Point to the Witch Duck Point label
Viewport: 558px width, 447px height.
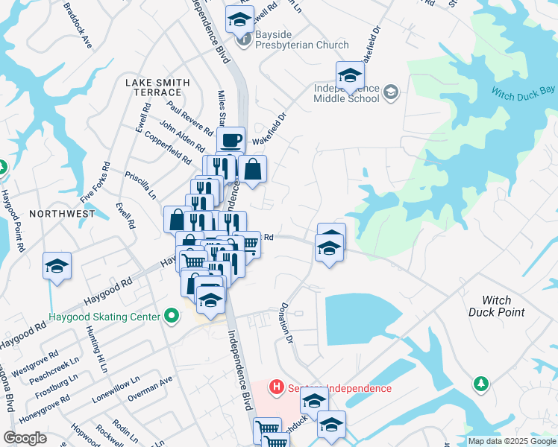pyautogui.click(x=496, y=305)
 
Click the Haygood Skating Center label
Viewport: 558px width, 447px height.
pyautogui.click(x=104, y=317)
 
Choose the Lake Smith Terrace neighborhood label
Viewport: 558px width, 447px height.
pyautogui.click(x=157, y=86)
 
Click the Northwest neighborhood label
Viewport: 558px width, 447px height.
pyautogui.click(x=63, y=214)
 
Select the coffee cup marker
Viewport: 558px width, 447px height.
pyautogui.click(x=231, y=139)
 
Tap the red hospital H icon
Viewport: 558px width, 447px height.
pyautogui.click(x=276, y=387)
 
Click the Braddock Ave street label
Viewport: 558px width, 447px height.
pyautogui.click(x=78, y=26)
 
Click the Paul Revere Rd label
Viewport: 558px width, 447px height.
pyautogui.click(x=190, y=118)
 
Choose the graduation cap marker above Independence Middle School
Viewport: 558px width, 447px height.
pyautogui.click(x=349, y=75)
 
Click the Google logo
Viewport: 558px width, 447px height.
pyautogui.click(x=25, y=438)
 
